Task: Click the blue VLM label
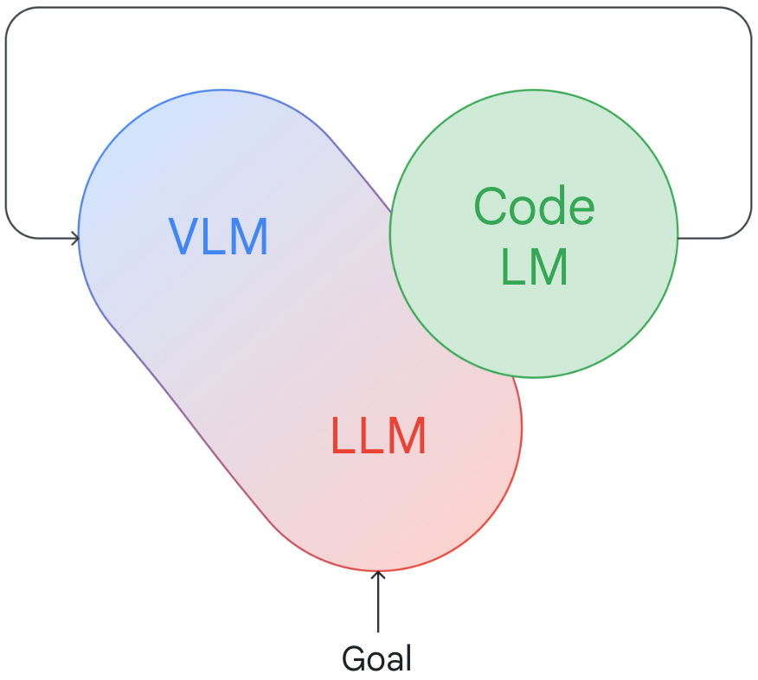218,236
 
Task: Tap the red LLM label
378,436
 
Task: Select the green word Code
534,206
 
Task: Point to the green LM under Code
534,266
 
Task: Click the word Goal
376,658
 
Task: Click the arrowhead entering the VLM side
74,238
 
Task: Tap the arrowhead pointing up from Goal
378,575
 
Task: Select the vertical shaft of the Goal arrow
378,602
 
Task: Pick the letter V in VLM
184,236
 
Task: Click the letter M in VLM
249,236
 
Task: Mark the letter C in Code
490,207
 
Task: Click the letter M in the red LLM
408,436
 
